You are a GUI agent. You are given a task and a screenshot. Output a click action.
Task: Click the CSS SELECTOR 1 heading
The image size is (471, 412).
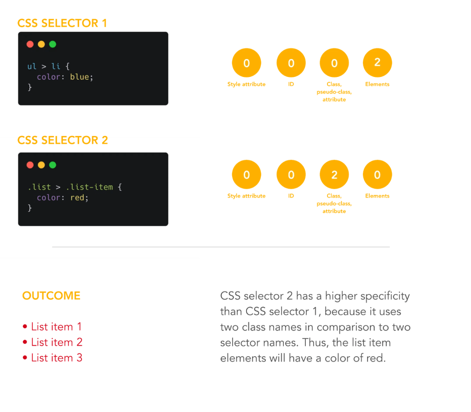62,23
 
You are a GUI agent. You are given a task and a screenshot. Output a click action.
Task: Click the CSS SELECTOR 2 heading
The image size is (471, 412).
63,140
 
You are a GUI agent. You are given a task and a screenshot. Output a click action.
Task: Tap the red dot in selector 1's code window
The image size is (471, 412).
30,44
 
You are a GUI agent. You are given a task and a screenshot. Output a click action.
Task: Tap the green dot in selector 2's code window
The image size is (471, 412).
52,165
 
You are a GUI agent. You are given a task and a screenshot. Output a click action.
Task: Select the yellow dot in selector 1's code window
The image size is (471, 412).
41,44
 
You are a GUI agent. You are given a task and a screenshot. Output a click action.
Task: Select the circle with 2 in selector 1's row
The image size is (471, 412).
377,63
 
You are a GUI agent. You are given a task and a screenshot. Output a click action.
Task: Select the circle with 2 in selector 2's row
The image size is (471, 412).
334,175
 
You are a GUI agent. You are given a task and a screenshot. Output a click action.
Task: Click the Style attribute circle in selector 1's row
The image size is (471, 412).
247,63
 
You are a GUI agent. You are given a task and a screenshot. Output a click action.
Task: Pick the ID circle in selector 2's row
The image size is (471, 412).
291,175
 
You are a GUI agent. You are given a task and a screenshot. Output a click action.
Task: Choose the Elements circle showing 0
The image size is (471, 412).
377,175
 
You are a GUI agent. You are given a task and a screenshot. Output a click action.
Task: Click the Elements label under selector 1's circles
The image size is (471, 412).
377,84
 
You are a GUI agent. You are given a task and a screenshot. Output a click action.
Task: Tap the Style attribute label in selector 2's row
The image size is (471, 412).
247,196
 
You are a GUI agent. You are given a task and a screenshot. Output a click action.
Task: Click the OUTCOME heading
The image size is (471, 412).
51,296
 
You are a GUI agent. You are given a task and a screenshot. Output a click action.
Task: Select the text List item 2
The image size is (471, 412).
57,342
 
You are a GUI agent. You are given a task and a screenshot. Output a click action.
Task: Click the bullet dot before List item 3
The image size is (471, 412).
25,358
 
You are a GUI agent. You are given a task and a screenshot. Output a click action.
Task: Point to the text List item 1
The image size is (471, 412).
57,327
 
